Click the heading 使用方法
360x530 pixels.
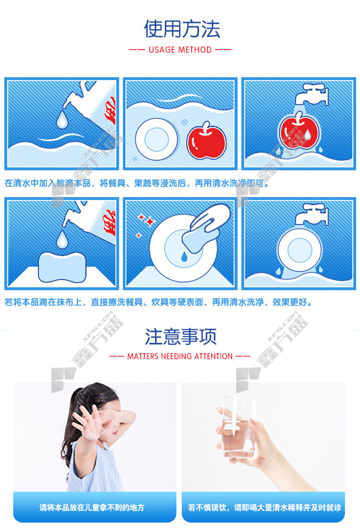[x=182, y=29]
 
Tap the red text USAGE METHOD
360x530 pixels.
[x=180, y=50]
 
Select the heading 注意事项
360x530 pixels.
[x=180, y=337]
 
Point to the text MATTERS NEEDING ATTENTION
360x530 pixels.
[x=180, y=356]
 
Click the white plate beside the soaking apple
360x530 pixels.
[x=156, y=139]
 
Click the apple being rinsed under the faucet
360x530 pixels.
[x=299, y=130]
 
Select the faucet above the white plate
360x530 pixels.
[x=312, y=214]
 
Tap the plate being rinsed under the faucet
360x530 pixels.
[x=300, y=250]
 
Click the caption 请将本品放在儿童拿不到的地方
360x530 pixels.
[x=92, y=507]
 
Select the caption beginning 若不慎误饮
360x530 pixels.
[x=264, y=507]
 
